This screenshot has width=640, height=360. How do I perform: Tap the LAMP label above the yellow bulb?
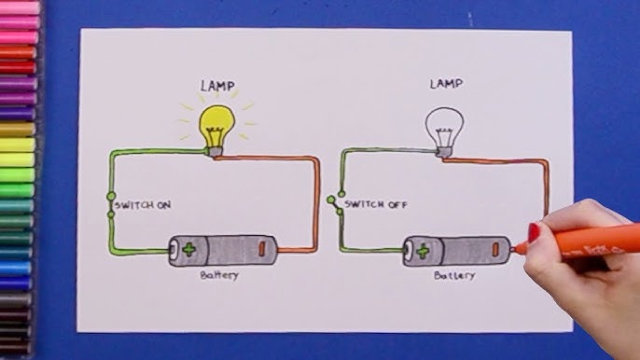click(217, 86)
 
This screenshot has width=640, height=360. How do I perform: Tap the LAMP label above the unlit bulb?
click(445, 84)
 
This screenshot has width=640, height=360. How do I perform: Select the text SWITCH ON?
click(143, 205)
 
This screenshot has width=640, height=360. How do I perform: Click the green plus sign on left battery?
click(189, 249)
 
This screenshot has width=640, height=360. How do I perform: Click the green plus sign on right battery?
click(422, 250)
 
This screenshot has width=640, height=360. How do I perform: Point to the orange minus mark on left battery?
click(262, 249)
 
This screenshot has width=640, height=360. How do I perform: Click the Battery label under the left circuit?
click(219, 275)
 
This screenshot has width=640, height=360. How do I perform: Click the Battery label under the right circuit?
click(454, 276)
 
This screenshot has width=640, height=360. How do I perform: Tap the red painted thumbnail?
click(534, 231)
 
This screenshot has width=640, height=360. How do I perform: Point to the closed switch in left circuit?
click(110, 205)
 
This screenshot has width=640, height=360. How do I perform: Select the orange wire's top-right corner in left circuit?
click(317, 159)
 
